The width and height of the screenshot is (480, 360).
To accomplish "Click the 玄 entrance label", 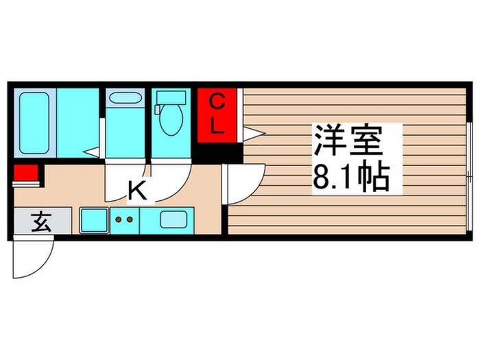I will pos(42,222).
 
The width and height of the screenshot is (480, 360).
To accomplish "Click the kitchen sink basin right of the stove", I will pos(176,220).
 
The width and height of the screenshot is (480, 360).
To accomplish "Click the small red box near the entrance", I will pos(27,174).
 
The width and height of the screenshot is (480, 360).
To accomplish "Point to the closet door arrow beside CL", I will pos(254,132).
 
